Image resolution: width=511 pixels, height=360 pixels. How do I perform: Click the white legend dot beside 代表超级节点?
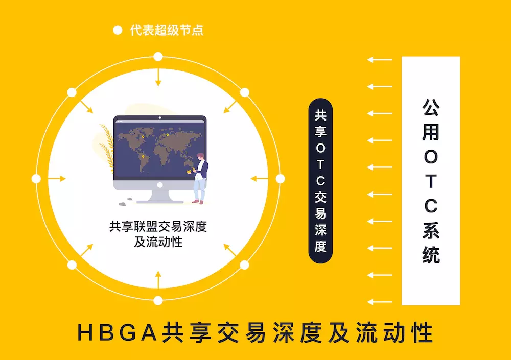(x=118, y=30)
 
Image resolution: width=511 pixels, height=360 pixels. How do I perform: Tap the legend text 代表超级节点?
(x=167, y=30)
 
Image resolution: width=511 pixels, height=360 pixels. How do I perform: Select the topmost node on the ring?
(x=158, y=57)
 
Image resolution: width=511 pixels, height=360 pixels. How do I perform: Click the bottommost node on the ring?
(x=158, y=300)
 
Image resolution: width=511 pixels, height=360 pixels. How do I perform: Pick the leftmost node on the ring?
(x=36, y=179)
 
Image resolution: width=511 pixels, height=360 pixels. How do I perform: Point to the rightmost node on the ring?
(x=280, y=179)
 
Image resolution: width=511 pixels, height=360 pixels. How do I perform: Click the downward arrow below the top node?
(x=158, y=77)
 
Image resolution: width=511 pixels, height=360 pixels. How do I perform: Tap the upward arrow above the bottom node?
(x=158, y=279)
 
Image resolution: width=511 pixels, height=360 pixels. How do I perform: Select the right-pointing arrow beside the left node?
(x=57, y=179)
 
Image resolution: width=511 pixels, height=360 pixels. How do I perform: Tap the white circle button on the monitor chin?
(x=159, y=185)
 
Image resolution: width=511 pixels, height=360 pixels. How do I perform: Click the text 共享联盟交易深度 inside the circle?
(x=158, y=226)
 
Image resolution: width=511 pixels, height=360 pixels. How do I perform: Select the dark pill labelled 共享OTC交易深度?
(x=320, y=181)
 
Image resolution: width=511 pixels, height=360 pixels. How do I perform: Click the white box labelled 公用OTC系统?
(x=431, y=181)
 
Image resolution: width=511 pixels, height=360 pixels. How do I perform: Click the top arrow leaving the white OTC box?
(x=380, y=60)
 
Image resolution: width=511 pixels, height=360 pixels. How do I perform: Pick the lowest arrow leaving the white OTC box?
(x=380, y=302)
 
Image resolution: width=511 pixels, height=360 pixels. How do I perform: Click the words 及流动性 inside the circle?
(x=158, y=242)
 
